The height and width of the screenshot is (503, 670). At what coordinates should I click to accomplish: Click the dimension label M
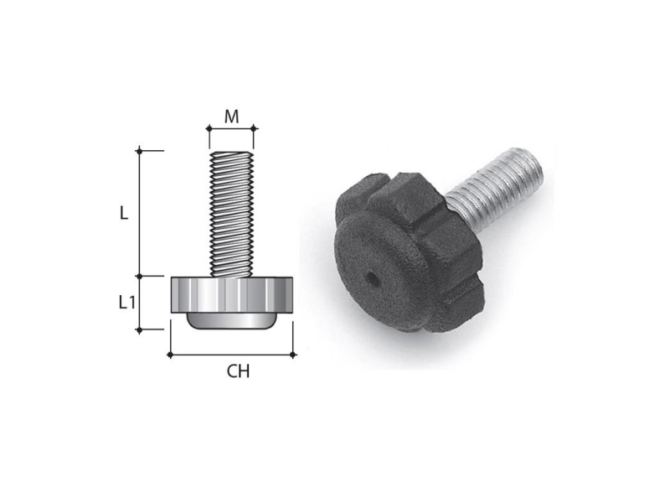232,117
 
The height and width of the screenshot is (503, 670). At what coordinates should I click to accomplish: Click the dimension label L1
127,303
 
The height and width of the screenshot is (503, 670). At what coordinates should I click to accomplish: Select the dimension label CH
238,371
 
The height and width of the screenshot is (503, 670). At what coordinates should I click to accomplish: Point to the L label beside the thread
123,213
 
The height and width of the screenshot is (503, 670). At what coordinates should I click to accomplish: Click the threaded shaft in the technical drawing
231,215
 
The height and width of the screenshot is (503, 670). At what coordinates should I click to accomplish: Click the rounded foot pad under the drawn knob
232,321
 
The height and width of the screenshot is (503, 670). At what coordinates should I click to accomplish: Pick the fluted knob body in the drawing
232,295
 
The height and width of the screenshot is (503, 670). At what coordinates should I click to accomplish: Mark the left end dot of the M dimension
209,128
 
